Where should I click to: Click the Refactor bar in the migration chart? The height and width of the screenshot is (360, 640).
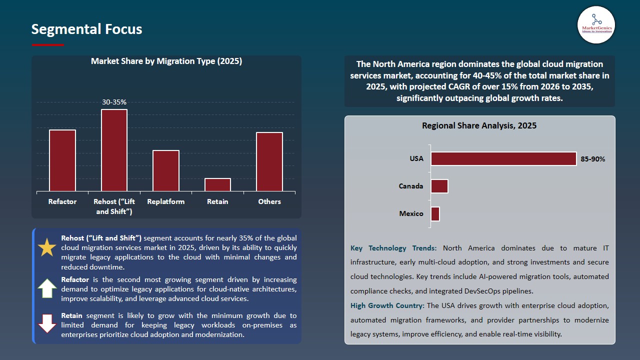coord(62,160)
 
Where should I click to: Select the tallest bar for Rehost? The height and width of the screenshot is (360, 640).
coord(114,150)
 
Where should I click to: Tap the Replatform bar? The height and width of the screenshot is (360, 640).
coord(166,170)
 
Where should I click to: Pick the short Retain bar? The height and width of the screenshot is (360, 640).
coord(217,184)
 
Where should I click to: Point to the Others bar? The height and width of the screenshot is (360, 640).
coord(269,161)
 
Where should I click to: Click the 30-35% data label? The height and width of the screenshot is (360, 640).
coord(114,102)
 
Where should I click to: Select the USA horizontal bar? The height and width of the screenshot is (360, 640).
coord(503,158)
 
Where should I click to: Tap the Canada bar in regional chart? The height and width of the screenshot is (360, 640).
coord(439,186)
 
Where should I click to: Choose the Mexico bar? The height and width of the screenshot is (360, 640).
coord(435,213)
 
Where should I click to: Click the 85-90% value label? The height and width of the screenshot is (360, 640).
coord(593,159)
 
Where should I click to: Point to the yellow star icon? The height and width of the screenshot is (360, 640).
coord(47,247)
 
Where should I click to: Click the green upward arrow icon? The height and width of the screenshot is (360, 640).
coord(47,288)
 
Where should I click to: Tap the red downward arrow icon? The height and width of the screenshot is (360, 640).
coord(47,323)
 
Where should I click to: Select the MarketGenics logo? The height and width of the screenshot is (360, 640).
coord(596,25)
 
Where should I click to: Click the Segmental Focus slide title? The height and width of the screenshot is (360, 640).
coord(86,29)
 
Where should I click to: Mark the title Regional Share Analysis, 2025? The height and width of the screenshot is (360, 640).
coord(479,125)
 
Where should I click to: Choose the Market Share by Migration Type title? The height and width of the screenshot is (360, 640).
coord(166,61)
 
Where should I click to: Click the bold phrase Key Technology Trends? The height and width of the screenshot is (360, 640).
coord(393,248)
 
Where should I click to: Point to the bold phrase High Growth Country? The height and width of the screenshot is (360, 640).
coord(387,305)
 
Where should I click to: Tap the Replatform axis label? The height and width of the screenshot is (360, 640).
coord(166,201)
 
